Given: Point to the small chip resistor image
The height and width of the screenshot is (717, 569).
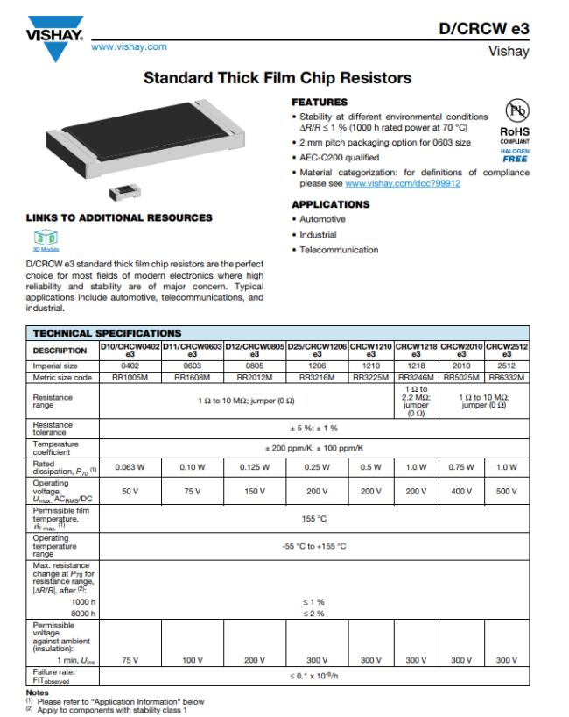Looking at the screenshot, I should coord(117,192).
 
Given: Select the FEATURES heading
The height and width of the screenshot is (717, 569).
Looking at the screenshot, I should coord(318,103).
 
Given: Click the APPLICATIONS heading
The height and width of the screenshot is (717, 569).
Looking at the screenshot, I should coord(330,204).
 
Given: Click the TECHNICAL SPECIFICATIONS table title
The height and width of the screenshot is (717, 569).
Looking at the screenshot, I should coord(106,333).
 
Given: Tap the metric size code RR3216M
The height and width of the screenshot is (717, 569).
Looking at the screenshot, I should coord(317,378).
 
